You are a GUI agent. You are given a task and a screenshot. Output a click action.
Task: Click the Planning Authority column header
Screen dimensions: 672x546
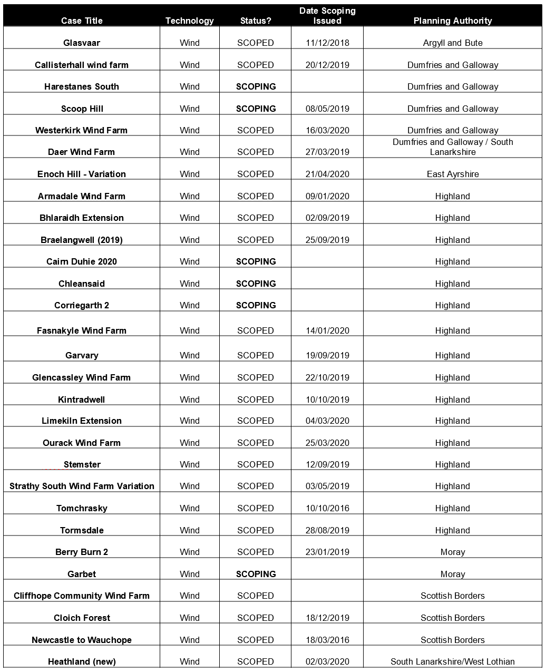[x=452, y=21]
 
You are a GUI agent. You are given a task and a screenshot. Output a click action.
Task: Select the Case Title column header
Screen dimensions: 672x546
[x=82, y=21]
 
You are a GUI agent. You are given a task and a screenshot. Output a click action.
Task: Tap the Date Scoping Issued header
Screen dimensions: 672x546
[x=327, y=16]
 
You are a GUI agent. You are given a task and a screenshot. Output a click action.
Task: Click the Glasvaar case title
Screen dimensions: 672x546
[x=82, y=43]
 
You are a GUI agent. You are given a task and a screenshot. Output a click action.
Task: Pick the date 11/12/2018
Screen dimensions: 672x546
[x=327, y=43]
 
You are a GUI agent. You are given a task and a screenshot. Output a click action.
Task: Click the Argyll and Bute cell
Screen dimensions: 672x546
[x=452, y=43]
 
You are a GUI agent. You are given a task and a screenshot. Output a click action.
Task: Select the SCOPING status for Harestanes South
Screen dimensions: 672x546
[x=256, y=86]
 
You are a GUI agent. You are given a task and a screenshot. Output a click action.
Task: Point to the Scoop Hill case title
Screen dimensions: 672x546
[x=82, y=109]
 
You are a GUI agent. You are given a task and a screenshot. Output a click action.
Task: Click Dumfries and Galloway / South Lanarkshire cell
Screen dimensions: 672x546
[x=452, y=147]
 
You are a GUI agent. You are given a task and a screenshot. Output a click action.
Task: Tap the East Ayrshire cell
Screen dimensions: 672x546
[x=452, y=174]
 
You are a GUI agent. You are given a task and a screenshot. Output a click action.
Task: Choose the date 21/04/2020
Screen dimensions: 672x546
[x=327, y=174]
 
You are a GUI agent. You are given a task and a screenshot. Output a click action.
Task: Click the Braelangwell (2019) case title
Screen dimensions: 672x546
[x=82, y=240]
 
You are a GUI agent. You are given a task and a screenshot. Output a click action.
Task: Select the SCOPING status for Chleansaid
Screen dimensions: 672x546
[x=256, y=284]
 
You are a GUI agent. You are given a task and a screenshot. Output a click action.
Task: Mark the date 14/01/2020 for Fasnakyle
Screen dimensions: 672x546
[x=327, y=330]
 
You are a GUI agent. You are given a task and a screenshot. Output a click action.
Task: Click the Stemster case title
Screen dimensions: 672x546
[x=82, y=464]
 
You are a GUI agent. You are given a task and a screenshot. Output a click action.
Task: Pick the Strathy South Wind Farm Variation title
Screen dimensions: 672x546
[x=82, y=486]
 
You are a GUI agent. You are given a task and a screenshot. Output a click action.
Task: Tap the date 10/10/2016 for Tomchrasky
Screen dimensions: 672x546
[x=327, y=508]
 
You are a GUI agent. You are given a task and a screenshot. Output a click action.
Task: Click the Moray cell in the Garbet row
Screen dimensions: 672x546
[x=452, y=574]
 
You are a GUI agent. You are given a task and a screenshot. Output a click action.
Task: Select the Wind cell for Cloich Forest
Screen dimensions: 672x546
[x=189, y=618]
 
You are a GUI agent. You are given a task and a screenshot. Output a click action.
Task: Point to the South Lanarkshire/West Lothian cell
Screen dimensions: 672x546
[x=452, y=661]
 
